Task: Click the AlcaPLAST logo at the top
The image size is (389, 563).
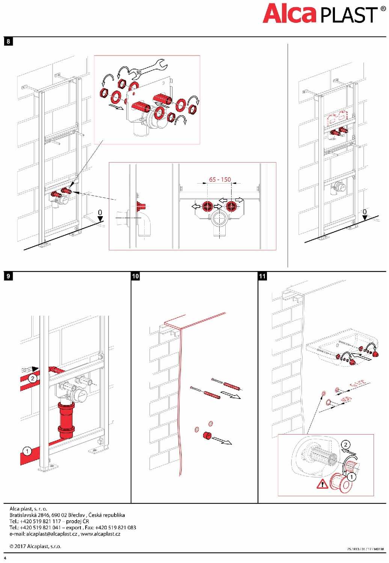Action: pyautogui.click(x=324, y=14)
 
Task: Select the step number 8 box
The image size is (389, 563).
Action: pyautogui.click(x=8, y=41)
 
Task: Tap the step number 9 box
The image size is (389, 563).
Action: pyautogui.click(x=8, y=276)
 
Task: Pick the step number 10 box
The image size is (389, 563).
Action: pyautogui.click(x=136, y=276)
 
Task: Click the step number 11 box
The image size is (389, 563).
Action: pyautogui.click(x=262, y=276)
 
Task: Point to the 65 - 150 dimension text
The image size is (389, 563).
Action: pyautogui.click(x=220, y=179)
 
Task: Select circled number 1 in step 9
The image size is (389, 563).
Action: pyautogui.click(x=27, y=451)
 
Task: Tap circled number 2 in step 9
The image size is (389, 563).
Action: pyautogui.click(x=33, y=378)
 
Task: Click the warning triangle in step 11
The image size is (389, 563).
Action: pyautogui.click(x=322, y=484)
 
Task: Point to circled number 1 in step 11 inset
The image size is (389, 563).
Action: pyautogui.click(x=351, y=477)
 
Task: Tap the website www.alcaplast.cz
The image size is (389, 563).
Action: pyautogui.click(x=100, y=534)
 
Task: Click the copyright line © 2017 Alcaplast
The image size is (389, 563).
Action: pyautogui.click(x=35, y=546)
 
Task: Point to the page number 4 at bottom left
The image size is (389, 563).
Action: pyautogui.click(x=5, y=558)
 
